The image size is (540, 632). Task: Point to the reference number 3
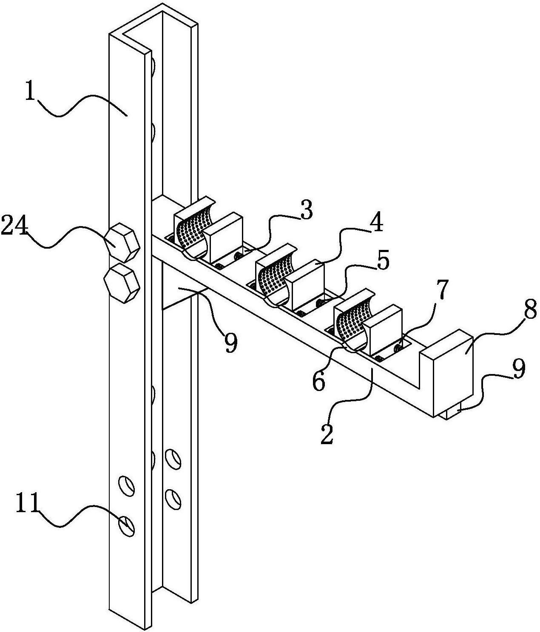point(306,211)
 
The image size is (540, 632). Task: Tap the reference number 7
point(442,290)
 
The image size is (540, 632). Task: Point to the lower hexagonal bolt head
point(122,282)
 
